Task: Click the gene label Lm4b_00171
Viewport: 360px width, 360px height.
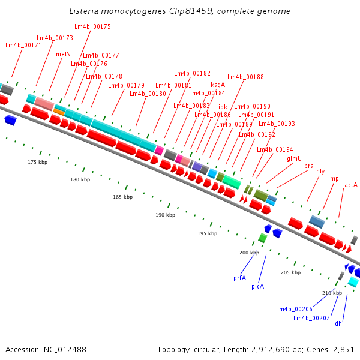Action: (23, 46)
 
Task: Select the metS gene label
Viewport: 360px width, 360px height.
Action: (63, 54)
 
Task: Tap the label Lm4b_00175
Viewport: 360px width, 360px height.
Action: (92, 27)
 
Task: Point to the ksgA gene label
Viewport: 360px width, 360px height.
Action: (218, 85)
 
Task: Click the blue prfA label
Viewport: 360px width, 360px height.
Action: (239, 278)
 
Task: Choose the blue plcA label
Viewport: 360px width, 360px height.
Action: (258, 287)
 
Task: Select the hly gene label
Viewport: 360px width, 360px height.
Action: (320, 171)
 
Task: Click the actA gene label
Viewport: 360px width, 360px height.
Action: (351, 185)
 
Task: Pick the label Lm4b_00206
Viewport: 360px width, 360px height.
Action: (294, 309)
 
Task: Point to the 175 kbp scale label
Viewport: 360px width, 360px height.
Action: (37, 163)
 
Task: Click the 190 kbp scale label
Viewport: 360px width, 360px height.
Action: (165, 215)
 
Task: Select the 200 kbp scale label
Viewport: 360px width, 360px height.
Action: (249, 253)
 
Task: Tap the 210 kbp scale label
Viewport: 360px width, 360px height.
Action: (332, 293)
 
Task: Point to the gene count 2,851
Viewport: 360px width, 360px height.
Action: (343, 349)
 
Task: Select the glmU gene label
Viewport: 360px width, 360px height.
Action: (294, 158)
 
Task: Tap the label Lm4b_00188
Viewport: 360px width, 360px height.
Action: (245, 77)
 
